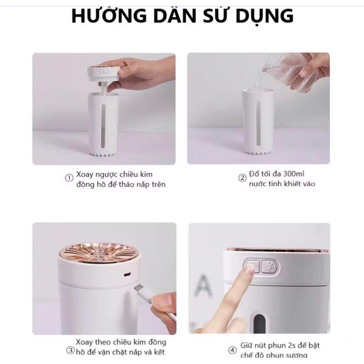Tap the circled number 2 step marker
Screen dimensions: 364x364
point(242,178)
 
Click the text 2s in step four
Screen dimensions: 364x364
point(289,345)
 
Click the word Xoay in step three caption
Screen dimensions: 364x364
point(86,342)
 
